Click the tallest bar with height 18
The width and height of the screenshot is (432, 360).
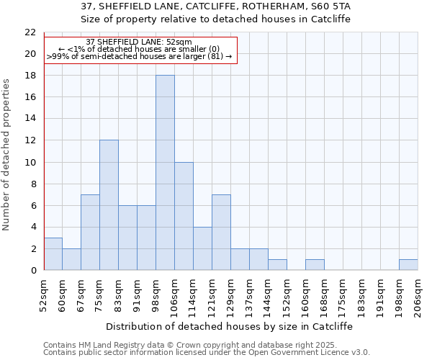point(165,173)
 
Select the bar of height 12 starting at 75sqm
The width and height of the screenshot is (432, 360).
point(109,205)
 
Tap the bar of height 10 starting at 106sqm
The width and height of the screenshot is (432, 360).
point(184,216)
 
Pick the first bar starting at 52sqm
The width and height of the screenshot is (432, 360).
point(53,254)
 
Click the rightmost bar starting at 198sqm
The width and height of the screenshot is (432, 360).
point(408,265)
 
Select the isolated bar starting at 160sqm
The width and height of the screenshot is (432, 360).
point(315,265)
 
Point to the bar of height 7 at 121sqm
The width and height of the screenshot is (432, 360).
point(221,233)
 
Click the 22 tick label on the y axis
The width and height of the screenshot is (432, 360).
point(30,32)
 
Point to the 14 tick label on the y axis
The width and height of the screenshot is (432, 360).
point(30,119)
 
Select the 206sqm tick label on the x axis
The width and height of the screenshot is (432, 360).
point(418,294)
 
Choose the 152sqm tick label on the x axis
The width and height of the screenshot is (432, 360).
point(287,294)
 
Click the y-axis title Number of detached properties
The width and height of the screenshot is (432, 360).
point(7,155)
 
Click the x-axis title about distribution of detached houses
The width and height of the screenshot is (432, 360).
point(230,325)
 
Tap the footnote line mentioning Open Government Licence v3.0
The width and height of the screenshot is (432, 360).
point(207,352)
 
